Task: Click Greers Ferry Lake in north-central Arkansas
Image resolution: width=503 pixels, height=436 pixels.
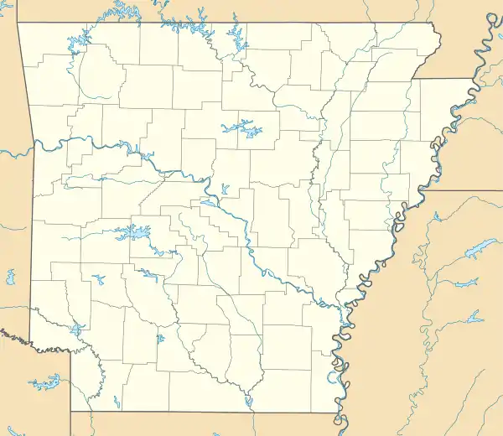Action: pos(237,128)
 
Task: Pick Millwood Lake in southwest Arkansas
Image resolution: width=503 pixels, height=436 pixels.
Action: pos(78,330)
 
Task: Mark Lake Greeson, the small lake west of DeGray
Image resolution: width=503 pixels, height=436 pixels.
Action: pos(99,278)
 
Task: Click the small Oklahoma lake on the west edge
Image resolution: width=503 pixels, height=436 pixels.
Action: pos(11,275)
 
